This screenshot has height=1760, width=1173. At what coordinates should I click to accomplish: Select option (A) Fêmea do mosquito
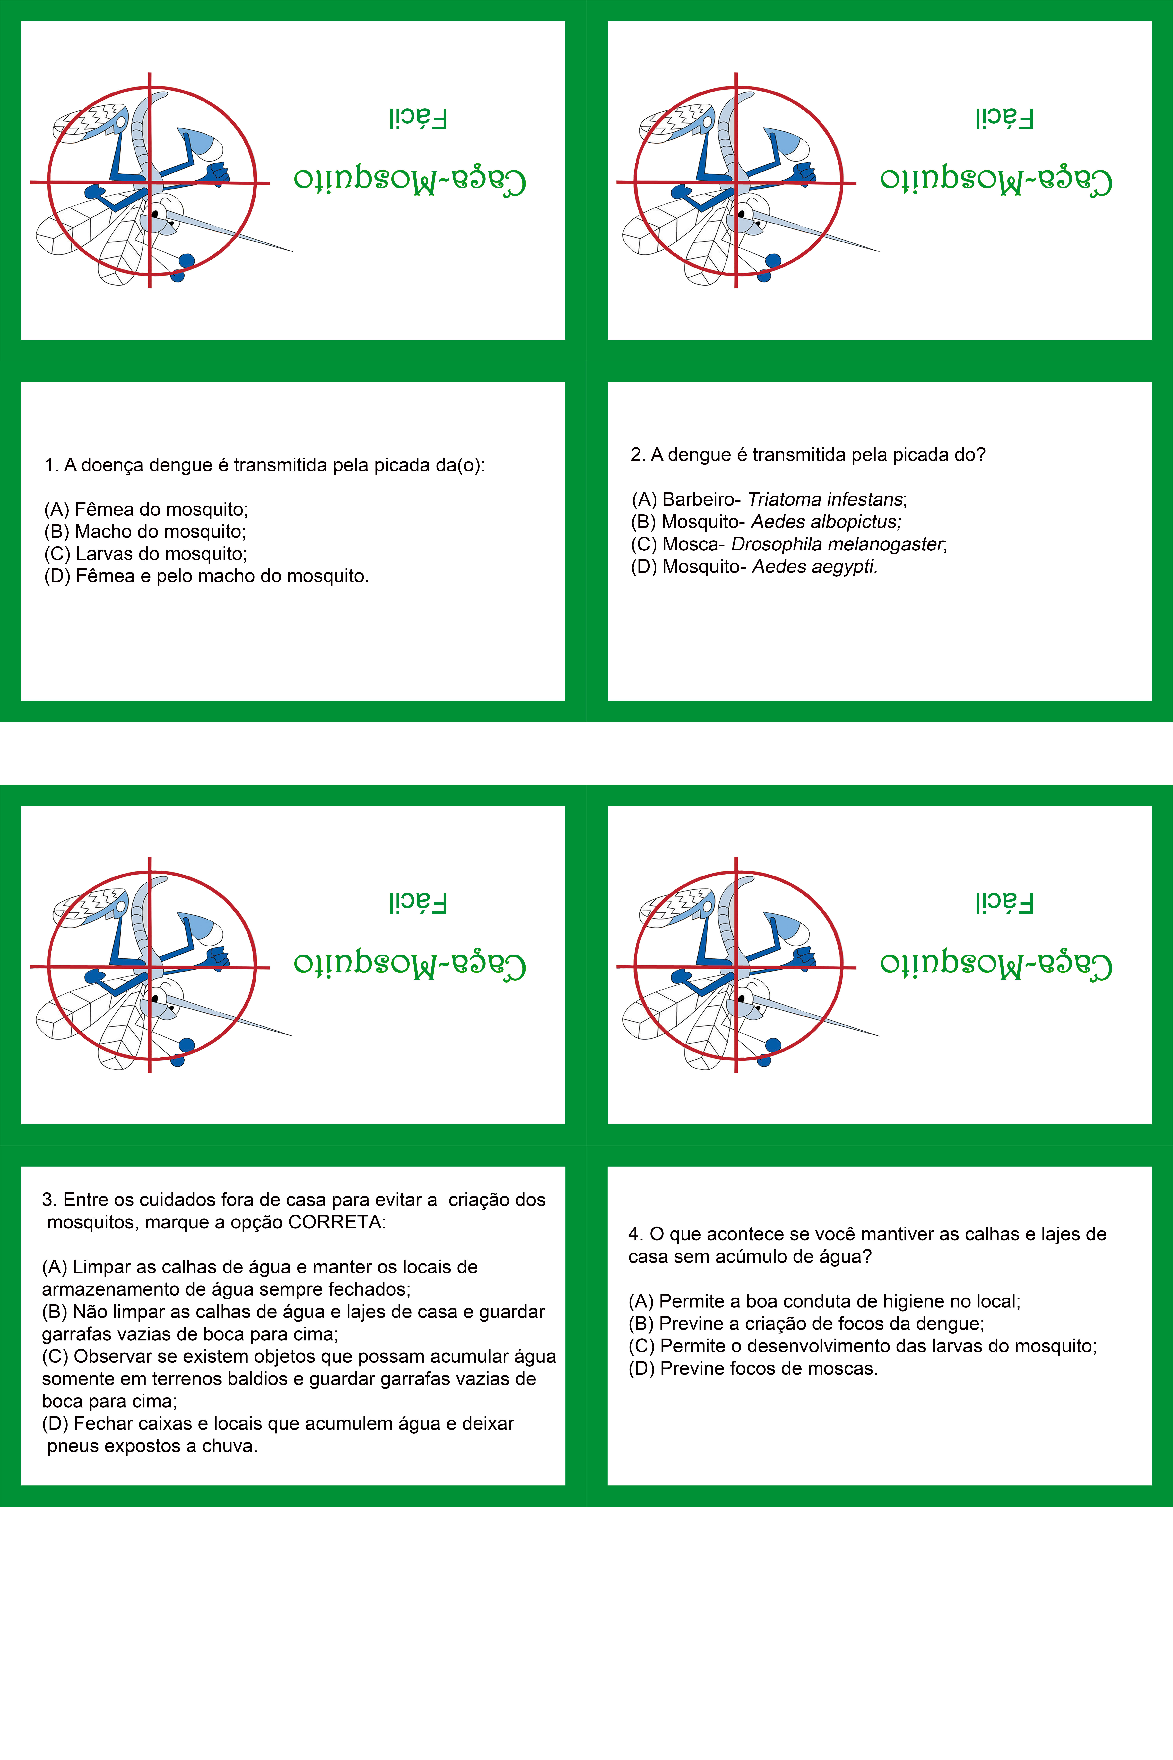(146, 510)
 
